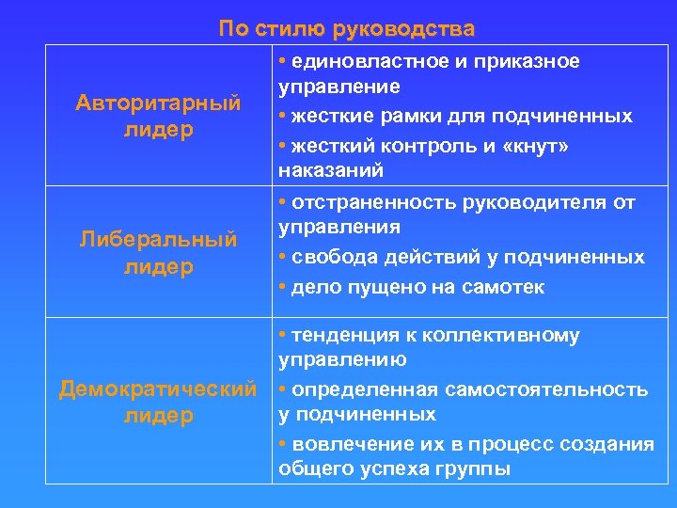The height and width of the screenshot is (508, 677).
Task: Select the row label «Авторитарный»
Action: pos(158,103)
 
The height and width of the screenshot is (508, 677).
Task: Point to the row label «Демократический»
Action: pos(158,389)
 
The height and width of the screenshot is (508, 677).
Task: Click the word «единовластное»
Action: pos(365,62)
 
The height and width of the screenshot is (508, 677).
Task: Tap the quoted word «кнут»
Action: pos(530,147)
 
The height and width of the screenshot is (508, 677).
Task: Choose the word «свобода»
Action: pos(330,257)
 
